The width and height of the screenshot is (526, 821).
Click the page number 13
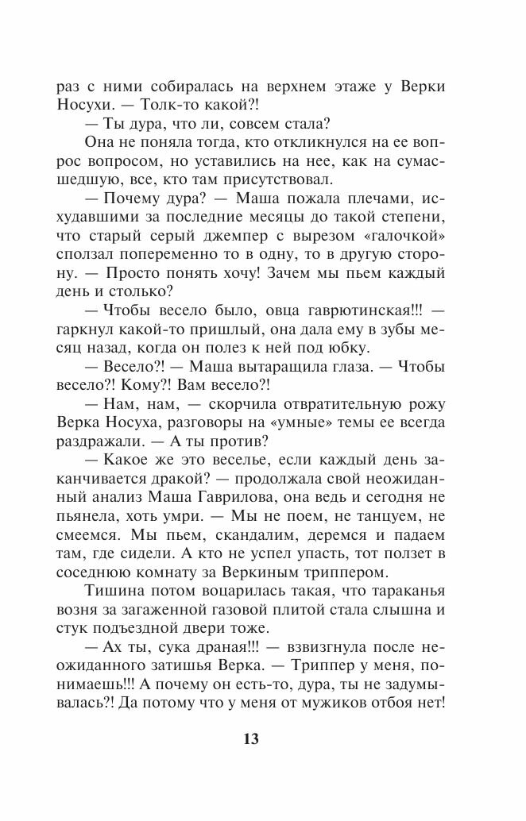tap(249, 738)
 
